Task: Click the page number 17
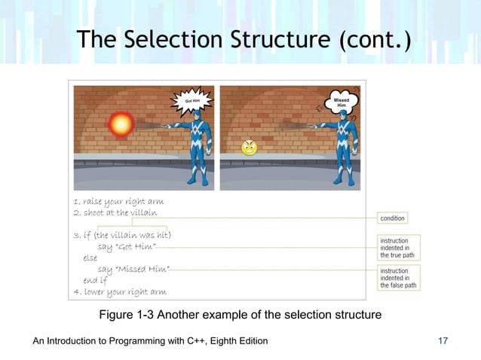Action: (443, 342)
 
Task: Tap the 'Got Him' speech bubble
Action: (191, 101)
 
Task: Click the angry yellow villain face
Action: (249, 148)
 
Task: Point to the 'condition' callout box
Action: (392, 218)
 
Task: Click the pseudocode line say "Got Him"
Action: (127, 247)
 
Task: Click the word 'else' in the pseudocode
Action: (90, 258)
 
